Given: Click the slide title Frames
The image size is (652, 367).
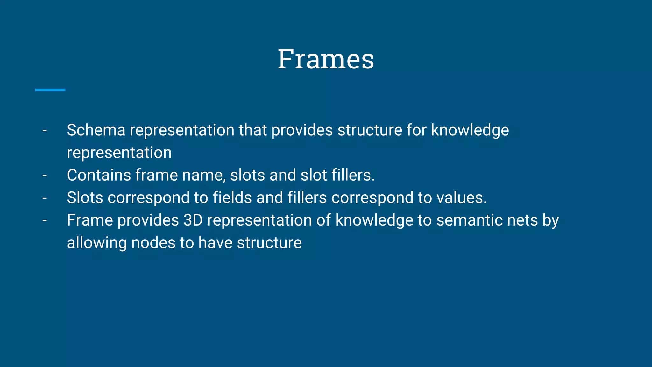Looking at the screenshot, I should click(x=326, y=59).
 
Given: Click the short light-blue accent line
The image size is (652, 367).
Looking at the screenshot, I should click(x=50, y=90).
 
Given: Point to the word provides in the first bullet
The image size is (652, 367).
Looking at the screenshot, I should click(x=302, y=130).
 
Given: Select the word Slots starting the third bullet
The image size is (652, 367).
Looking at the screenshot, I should click(x=85, y=198).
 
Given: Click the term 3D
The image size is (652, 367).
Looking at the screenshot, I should click(x=193, y=220).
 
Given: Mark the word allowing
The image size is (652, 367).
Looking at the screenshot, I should click(x=97, y=243).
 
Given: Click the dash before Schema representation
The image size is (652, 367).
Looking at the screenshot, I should click(x=45, y=130).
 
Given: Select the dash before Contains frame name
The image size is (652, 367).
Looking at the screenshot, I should click(x=45, y=175).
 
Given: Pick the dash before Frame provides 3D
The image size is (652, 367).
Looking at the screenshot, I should click(x=45, y=220).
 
